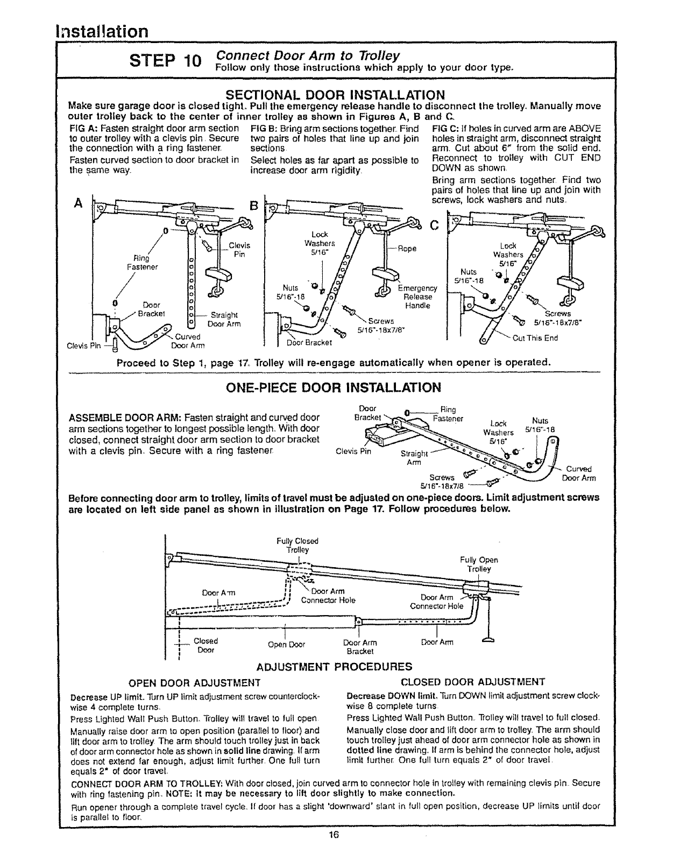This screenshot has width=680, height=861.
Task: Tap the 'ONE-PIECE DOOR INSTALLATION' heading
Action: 334,387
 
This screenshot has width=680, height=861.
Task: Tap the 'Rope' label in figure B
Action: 407,249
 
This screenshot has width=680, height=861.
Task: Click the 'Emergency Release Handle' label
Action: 417,297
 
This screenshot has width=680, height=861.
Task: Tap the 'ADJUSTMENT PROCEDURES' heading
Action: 334,667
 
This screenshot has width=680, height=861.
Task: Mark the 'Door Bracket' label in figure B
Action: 309,342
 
